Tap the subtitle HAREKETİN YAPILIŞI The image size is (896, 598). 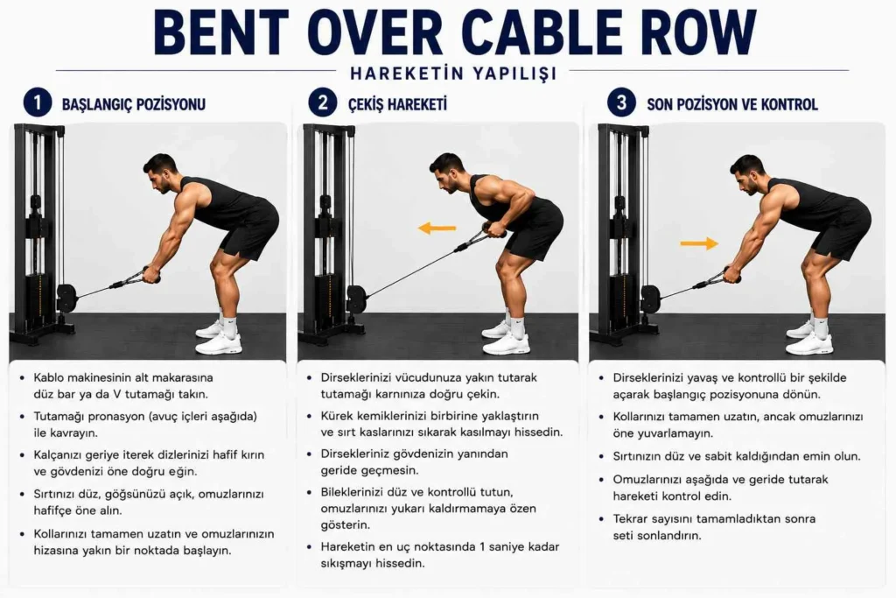(x=453, y=74)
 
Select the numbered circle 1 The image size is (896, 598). (x=38, y=103)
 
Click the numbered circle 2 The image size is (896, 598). (x=323, y=103)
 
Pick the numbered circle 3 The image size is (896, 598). (x=621, y=103)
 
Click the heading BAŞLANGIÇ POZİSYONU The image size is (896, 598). (x=134, y=104)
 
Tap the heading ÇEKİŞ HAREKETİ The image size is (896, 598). (x=398, y=104)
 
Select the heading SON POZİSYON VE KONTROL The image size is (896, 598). (x=732, y=104)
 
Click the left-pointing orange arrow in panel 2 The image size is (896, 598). (x=437, y=229)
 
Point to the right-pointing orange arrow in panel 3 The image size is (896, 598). (x=699, y=243)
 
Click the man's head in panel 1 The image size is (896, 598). (x=160, y=173)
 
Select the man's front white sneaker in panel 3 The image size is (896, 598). (x=808, y=344)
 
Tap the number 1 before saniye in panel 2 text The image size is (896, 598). (x=483, y=546)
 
